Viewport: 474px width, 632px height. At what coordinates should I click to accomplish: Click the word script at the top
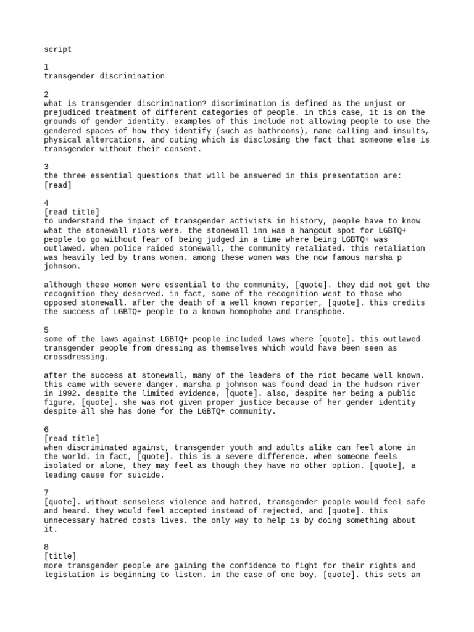pyautogui.click(x=58, y=49)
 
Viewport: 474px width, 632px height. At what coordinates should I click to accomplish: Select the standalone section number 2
pyautogui.click(x=47, y=94)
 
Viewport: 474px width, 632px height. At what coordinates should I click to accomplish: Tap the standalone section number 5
pyautogui.click(x=47, y=330)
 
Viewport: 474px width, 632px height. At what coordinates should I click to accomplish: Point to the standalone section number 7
pyautogui.click(x=47, y=493)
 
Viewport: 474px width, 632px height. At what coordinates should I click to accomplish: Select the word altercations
pyautogui.click(x=117, y=140)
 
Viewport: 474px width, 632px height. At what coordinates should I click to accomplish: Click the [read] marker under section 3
pyautogui.click(x=58, y=185)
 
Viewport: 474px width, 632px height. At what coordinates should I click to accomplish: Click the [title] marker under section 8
pyautogui.click(x=60, y=557)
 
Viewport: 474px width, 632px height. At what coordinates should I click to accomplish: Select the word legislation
pyautogui.click(x=72, y=575)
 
